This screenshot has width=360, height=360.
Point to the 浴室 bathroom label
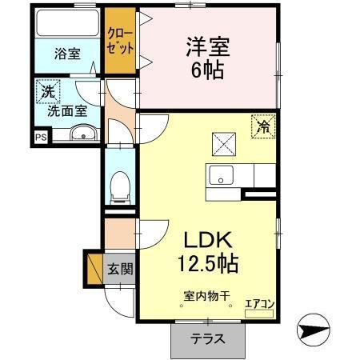pyautogui.click(x=67, y=54)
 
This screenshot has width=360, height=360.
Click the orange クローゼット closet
pyautogui.click(x=122, y=39)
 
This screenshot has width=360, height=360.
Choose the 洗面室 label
pyautogui.click(x=67, y=111)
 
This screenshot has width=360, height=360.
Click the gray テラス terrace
pyautogui.click(x=206, y=339)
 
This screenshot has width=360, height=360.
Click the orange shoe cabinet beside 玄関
pyautogui.click(x=94, y=266)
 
